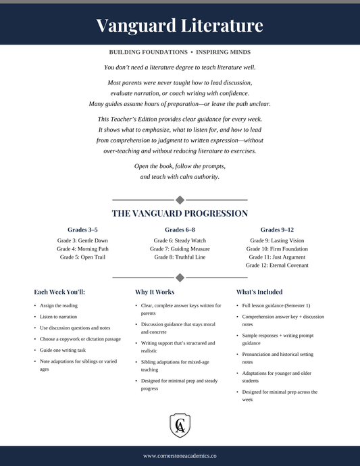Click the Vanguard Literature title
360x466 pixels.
click(180, 26)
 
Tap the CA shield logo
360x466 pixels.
click(180, 425)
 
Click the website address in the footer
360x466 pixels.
click(180, 457)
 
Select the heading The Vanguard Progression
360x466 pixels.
click(180, 213)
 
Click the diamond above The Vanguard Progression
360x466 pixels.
click(180, 200)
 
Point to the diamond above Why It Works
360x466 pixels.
click(180, 278)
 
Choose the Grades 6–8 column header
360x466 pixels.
click(180, 230)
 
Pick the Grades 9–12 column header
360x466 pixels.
click(277, 230)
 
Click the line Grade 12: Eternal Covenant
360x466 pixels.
click(277, 265)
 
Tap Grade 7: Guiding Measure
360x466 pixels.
click(180, 249)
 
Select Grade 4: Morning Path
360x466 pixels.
click(82, 249)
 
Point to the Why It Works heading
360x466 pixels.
click(155, 292)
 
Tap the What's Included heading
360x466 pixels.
click(259, 292)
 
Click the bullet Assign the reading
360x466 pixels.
click(59, 306)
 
